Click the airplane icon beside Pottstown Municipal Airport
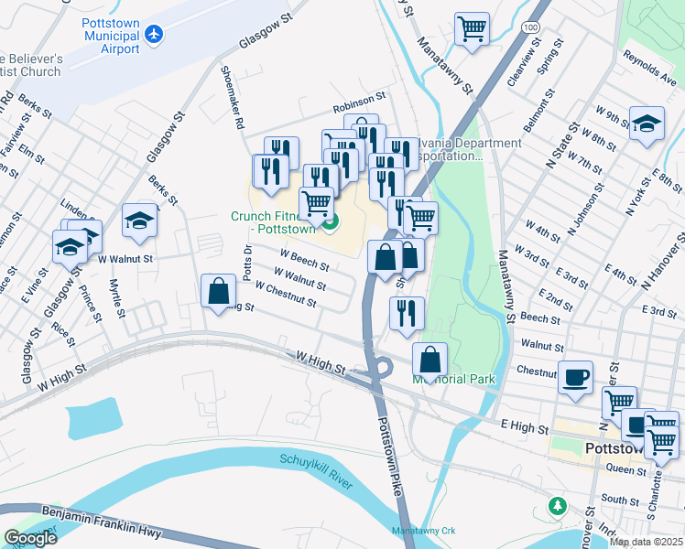click(153, 34)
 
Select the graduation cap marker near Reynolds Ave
click(647, 124)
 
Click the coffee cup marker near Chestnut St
click(575, 377)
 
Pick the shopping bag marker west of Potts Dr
click(219, 293)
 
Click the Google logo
click(29, 537)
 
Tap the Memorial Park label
click(454, 379)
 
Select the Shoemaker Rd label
click(231, 96)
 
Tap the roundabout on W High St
click(381, 368)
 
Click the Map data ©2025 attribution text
click(645, 542)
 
